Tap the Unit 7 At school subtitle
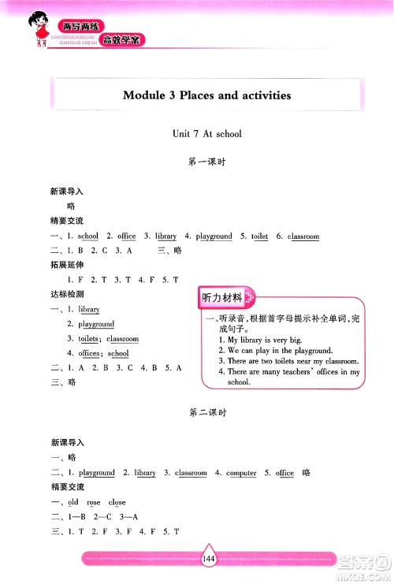206,134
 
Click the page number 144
209,559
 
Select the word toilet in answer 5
259,236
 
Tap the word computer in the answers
241,473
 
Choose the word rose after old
94,502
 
